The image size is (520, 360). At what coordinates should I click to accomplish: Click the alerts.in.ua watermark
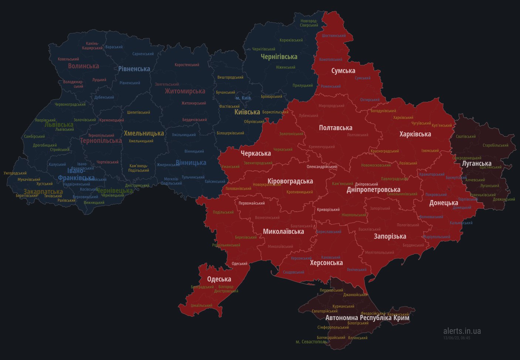[462, 331]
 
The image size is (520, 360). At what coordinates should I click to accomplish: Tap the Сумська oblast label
[343, 71]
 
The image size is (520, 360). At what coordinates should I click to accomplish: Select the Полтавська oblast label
[336, 128]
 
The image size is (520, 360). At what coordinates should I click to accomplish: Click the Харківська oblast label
[415, 134]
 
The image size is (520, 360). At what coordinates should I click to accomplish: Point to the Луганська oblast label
[477, 163]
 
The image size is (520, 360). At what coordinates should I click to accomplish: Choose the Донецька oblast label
[443, 203]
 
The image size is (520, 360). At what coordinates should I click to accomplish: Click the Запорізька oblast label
[390, 236]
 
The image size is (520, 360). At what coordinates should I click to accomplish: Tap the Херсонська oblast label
[326, 263]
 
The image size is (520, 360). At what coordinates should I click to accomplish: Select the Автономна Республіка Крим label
[367, 318]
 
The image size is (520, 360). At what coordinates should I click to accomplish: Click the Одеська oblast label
[219, 279]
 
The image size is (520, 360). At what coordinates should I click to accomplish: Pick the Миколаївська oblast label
[283, 232]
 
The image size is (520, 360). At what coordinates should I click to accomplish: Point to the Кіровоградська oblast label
[290, 181]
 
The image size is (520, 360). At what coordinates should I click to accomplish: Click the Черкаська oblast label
[256, 153]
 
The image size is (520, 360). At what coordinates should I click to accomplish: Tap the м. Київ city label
[243, 98]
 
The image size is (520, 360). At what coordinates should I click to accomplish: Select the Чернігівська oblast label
[279, 57]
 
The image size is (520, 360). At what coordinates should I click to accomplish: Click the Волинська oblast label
[84, 66]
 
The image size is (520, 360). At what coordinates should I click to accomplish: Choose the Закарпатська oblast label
[43, 192]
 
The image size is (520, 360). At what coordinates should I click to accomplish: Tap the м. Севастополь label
[312, 342]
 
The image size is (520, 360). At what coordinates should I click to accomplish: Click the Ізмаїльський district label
[201, 305]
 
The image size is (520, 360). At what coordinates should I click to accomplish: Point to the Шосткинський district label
[334, 36]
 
